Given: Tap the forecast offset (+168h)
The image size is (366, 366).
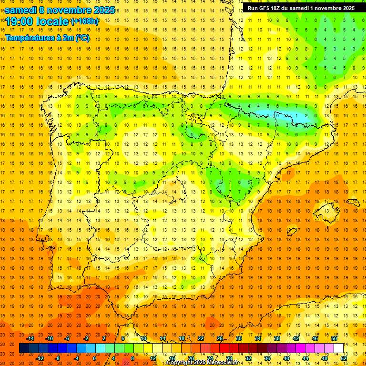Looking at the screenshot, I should (x=84, y=21).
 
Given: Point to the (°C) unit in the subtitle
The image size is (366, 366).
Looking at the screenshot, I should (x=82, y=38).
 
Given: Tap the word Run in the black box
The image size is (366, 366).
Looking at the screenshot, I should (x=253, y=8).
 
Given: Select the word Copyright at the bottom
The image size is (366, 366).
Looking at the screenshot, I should (x=180, y=363).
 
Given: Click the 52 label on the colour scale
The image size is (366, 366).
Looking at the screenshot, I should (x=344, y=358).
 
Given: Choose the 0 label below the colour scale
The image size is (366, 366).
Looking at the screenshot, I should (x=94, y=358).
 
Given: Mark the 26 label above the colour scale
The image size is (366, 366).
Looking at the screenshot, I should (x=220, y=338).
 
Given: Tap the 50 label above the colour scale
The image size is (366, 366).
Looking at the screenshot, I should (x=334, y=338).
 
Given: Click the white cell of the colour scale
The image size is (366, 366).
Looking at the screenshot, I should (x=339, y=348).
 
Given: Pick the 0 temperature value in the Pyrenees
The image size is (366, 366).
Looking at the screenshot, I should (x=277, y=115).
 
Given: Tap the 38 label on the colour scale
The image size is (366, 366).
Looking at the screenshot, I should (x=277, y=338).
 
